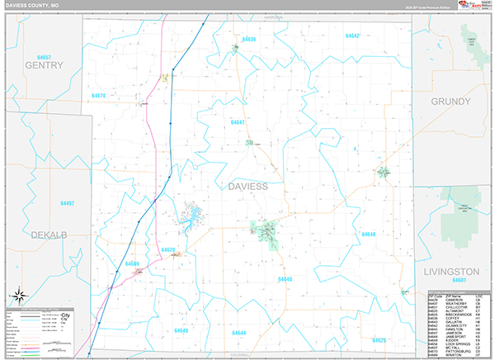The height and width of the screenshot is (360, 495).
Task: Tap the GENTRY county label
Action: tap(44, 64)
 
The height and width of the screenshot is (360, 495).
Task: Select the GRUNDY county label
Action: tap(450, 101)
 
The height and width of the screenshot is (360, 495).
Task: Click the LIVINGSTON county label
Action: tap(451, 271)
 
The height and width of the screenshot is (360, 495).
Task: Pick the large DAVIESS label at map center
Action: tap(247, 187)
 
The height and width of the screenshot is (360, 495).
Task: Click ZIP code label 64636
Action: tap(248, 39)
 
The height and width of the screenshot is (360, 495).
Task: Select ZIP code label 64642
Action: tap(352, 36)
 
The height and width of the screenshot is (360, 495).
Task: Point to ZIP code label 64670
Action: tap(99, 96)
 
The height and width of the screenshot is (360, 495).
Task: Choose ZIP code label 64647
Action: tap(238, 122)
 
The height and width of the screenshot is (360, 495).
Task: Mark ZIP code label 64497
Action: tap(67, 203)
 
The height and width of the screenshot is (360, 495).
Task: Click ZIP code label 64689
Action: tap(132, 264)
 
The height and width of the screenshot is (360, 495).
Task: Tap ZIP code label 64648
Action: tap(368, 234)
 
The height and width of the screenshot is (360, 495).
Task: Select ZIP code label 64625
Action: tap(379, 339)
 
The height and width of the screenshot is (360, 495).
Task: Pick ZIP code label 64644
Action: tap(239, 333)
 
